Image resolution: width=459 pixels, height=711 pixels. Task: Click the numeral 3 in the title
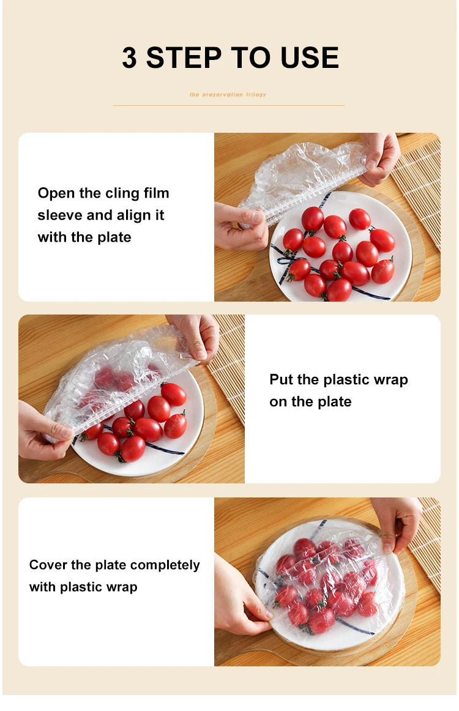pyautogui.click(x=130, y=58)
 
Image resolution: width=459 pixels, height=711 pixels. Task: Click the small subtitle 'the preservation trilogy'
pyautogui.click(x=228, y=95)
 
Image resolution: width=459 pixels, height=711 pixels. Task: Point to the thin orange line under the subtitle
pyautogui.click(x=228, y=105)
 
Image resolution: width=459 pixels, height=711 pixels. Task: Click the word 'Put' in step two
pyautogui.click(x=282, y=379)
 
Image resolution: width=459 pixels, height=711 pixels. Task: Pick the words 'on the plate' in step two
pyautogui.click(x=310, y=401)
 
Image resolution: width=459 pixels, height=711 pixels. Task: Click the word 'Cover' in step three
pyautogui.click(x=48, y=565)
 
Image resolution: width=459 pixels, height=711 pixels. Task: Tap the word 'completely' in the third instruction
pyautogui.click(x=165, y=565)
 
